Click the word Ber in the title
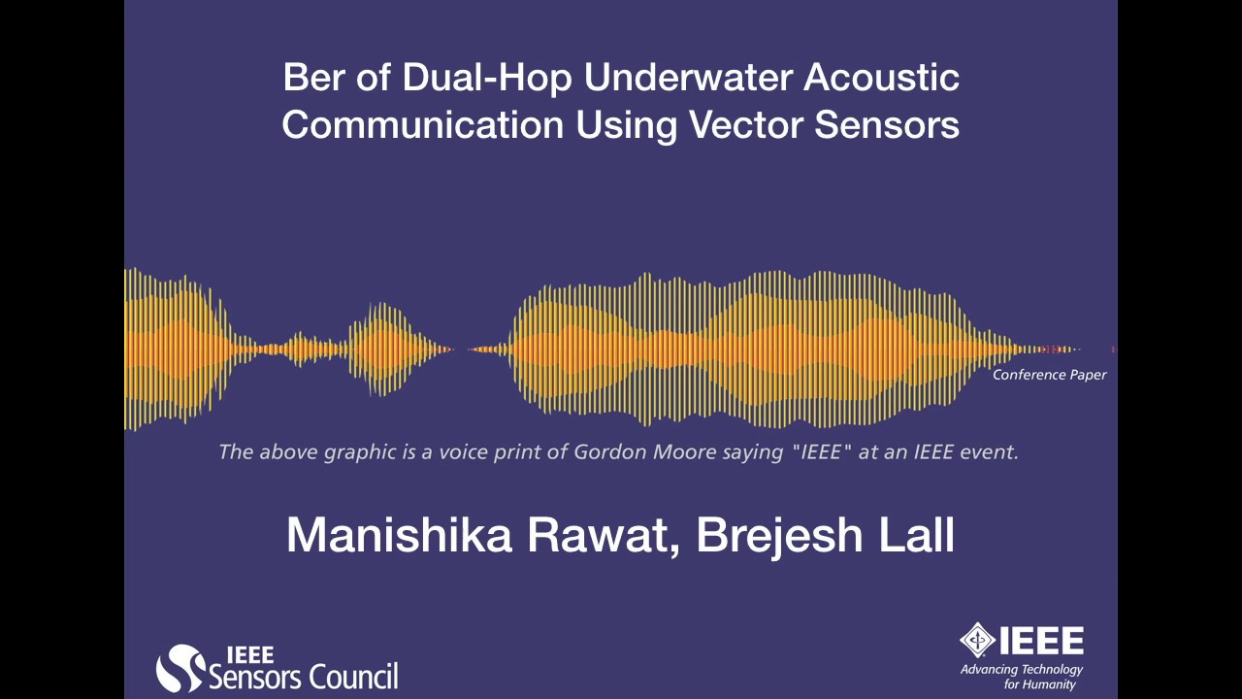(313, 78)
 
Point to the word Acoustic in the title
(882, 78)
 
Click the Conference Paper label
(1049, 375)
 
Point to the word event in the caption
(989, 451)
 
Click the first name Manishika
(398, 535)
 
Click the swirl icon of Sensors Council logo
(180, 668)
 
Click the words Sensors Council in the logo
(303, 676)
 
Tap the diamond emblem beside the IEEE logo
(977, 640)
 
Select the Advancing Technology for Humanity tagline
(1021, 677)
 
